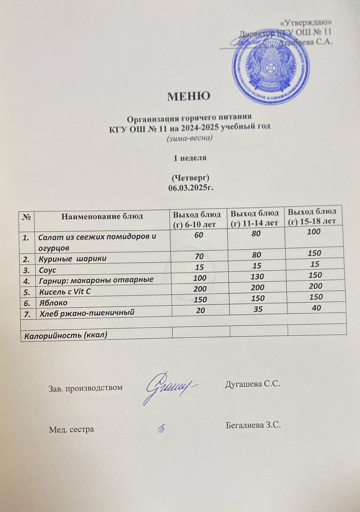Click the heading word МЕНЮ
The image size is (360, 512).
click(189, 96)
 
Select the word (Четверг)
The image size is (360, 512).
click(190, 177)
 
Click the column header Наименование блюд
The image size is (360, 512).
click(102, 216)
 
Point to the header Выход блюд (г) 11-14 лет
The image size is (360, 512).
click(255, 218)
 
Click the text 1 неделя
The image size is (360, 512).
click(190, 158)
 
